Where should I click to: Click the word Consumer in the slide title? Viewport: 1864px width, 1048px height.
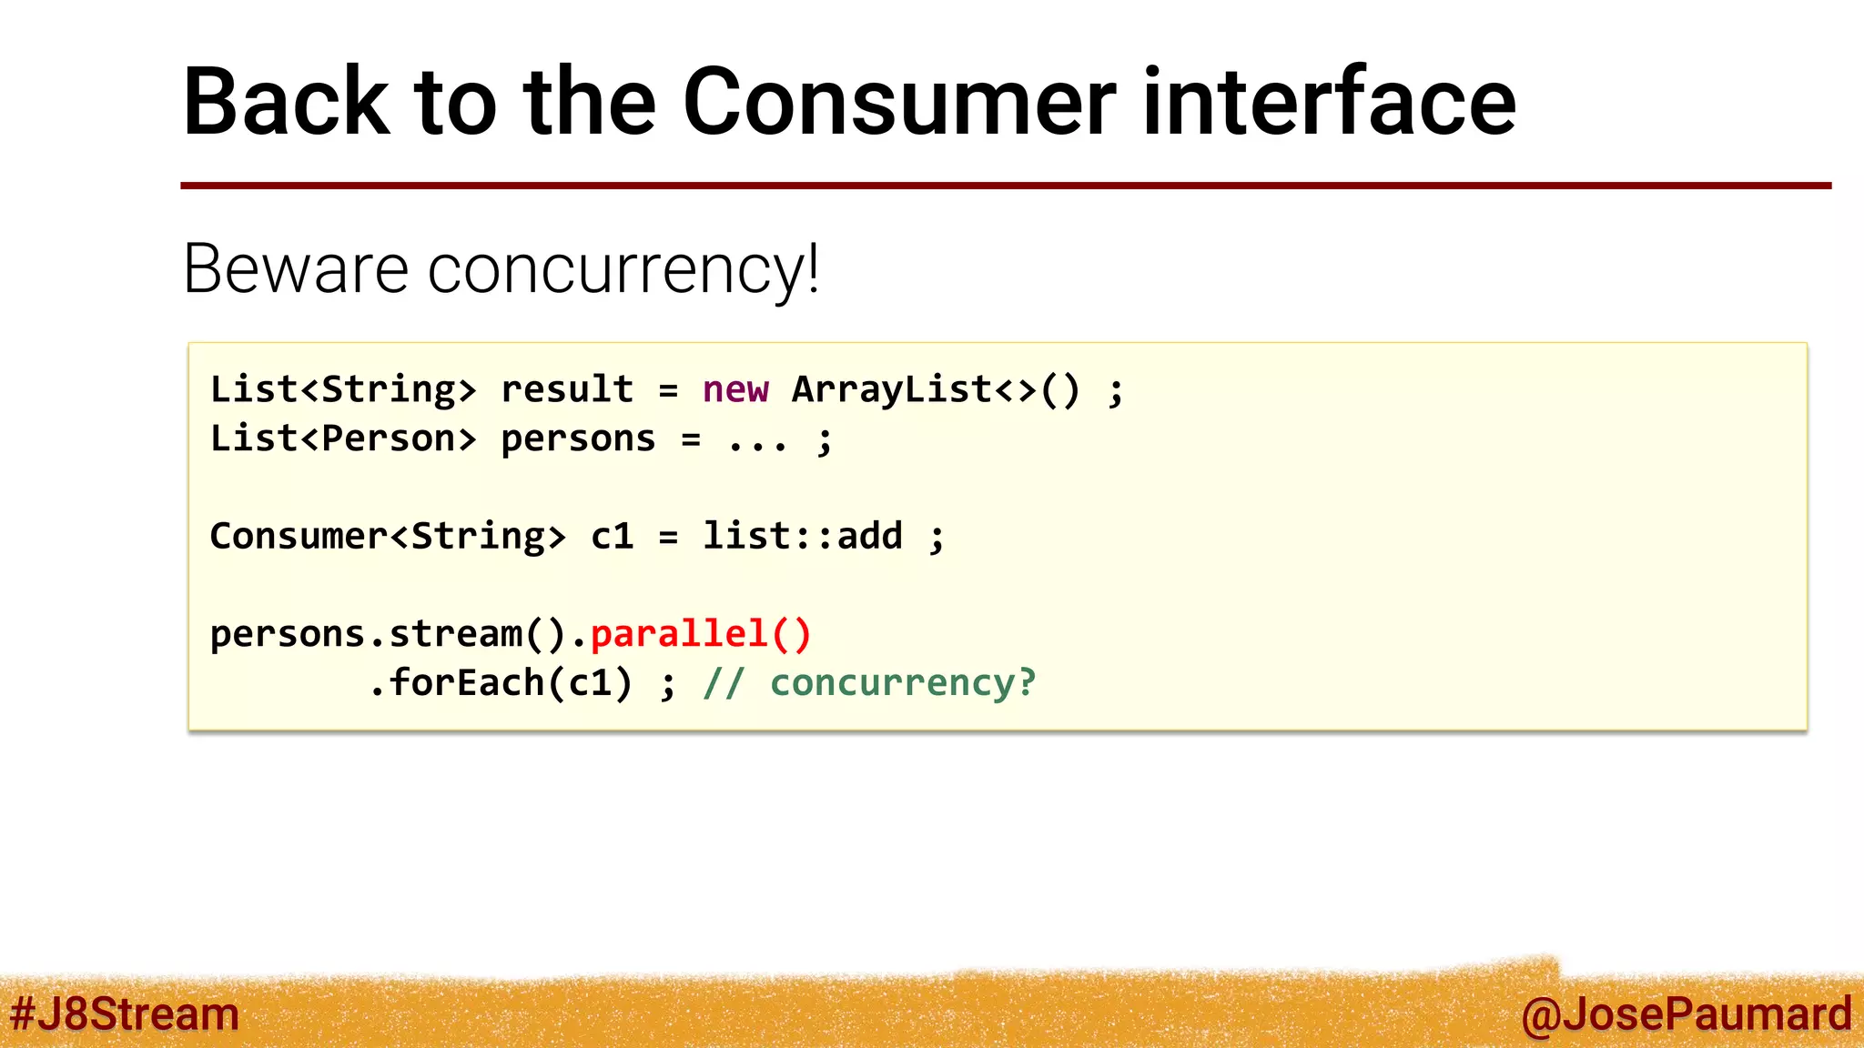[898, 102]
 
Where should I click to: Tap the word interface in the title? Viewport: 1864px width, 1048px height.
[1329, 102]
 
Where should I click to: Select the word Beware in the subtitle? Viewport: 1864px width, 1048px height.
[296, 269]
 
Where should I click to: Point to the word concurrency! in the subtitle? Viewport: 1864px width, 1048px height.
[623, 271]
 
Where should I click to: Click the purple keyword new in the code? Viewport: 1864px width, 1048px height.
[735, 389]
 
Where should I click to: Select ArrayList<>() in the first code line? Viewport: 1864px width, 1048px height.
[936, 389]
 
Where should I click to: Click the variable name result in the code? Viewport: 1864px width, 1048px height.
[567, 389]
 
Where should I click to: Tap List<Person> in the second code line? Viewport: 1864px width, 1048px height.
[343, 438]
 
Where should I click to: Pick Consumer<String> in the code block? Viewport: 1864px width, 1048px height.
[388, 536]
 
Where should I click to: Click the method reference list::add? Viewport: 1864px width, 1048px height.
[802, 536]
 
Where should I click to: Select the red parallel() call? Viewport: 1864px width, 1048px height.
[700, 633]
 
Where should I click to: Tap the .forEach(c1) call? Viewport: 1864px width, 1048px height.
[501, 682]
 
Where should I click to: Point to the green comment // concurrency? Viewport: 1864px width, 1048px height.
[869, 682]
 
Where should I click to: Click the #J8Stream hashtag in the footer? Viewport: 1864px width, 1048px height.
[124, 1014]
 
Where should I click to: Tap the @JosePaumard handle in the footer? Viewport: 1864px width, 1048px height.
[1686, 1014]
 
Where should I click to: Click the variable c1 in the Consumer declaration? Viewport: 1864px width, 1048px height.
[612, 536]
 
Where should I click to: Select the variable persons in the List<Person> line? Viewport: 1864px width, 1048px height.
[578, 439]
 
